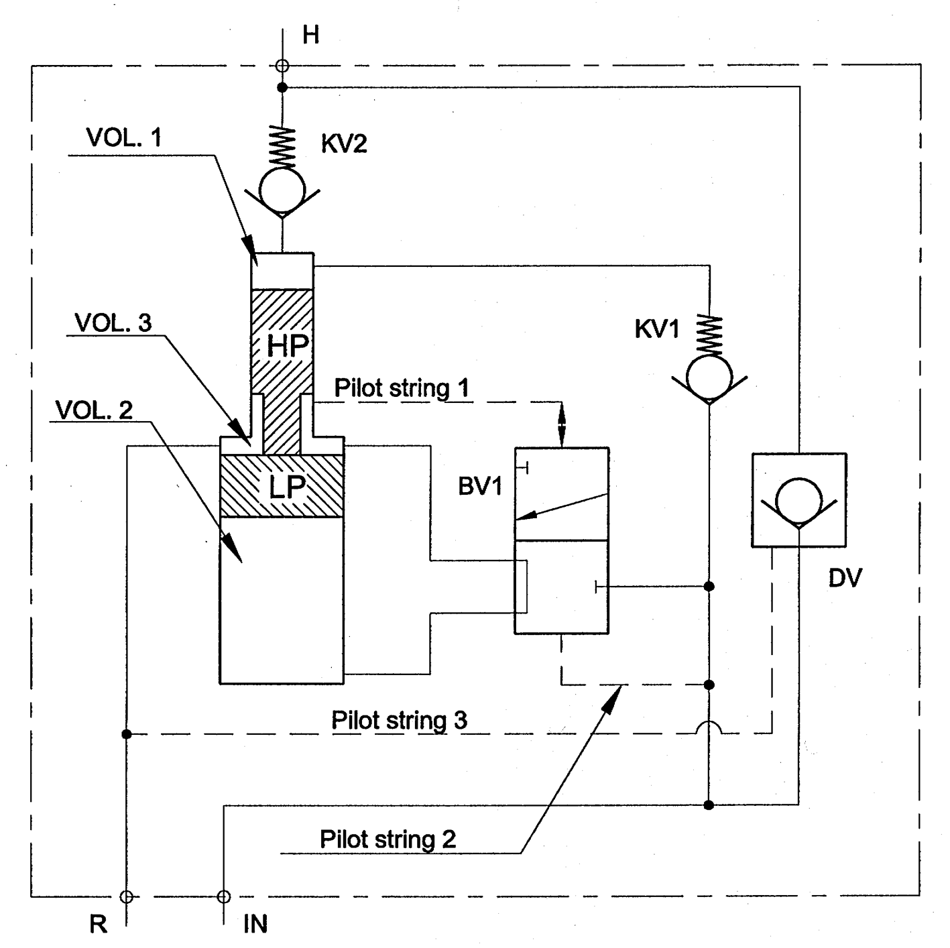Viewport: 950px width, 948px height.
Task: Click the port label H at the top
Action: (x=310, y=35)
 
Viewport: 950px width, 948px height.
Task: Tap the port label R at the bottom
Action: (x=98, y=924)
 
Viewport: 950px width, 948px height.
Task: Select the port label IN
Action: (x=255, y=924)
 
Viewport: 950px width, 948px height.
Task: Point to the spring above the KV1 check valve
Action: (x=710, y=335)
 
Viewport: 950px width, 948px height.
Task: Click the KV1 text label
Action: (x=657, y=329)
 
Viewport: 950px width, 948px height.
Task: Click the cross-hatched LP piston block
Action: (x=282, y=486)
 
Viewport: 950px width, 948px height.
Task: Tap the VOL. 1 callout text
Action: (x=124, y=137)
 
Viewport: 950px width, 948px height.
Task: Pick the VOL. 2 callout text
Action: (x=94, y=410)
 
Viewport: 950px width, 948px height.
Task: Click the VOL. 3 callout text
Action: (x=113, y=322)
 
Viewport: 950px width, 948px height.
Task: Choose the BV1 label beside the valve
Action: (x=480, y=487)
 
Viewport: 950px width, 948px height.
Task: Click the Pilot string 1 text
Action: (x=401, y=388)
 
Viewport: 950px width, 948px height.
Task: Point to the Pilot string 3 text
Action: (x=399, y=721)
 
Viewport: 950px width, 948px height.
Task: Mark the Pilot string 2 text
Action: (x=388, y=839)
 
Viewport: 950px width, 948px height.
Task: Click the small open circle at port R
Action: (x=125, y=896)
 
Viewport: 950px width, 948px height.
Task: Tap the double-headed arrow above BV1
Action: (x=562, y=424)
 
